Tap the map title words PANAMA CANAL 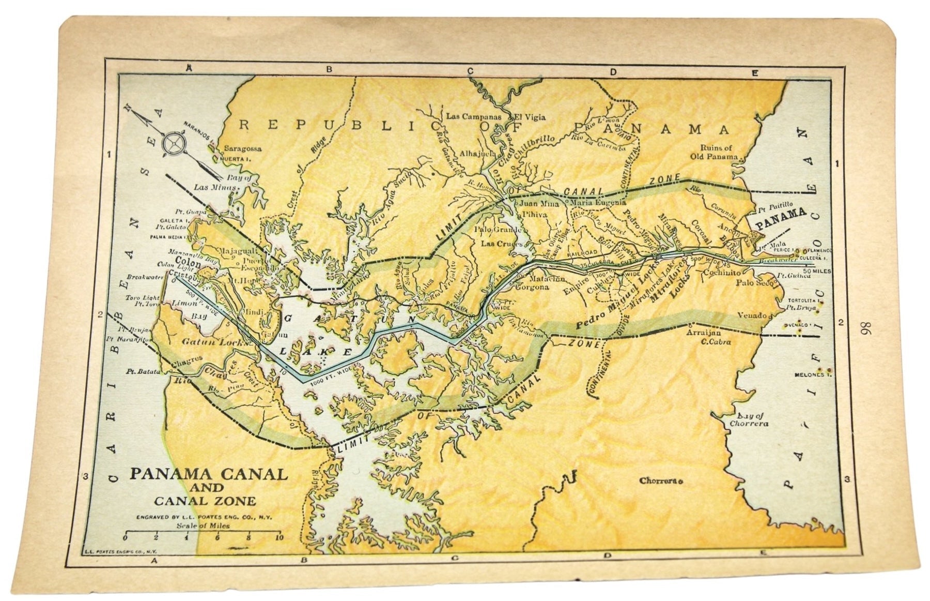(209, 474)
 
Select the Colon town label (188, 261)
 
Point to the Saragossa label (242, 148)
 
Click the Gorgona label (532, 288)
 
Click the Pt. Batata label (141, 371)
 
